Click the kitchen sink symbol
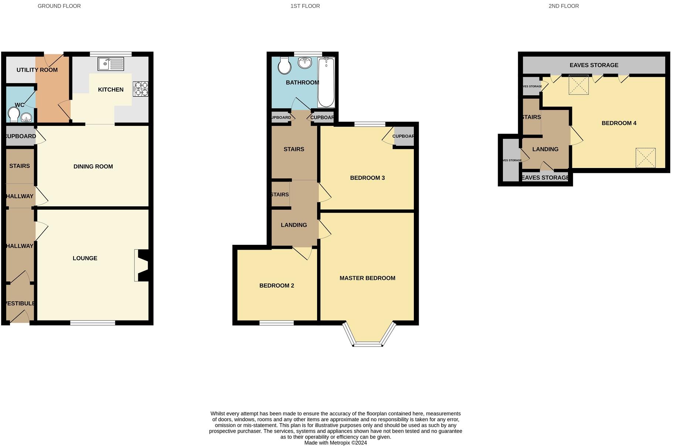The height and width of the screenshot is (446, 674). coord(111,64)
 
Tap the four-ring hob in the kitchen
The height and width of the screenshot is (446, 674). coord(141,89)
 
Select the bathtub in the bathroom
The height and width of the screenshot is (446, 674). coord(326,82)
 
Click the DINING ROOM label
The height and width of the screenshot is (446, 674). coord(93,167)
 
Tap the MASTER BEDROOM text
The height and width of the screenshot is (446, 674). coord(367,278)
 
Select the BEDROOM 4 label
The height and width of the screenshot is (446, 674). coord(619,123)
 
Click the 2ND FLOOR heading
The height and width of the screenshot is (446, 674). coord(564,6)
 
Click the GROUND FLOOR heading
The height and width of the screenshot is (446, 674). coord(59,6)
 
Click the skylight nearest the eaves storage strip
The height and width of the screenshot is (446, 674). coord(578,85)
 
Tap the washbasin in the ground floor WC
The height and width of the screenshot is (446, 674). coord(26,118)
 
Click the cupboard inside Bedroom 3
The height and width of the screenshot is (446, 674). coord(403,136)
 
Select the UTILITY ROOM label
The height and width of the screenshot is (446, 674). coord(37,70)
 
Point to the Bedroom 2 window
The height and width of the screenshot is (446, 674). coord(276,323)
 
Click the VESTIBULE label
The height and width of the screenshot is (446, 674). coord(20,303)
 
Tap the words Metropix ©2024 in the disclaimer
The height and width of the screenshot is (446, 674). coord(349,443)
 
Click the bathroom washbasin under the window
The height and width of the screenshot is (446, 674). coord(305,63)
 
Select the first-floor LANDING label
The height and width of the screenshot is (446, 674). coord(294,225)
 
